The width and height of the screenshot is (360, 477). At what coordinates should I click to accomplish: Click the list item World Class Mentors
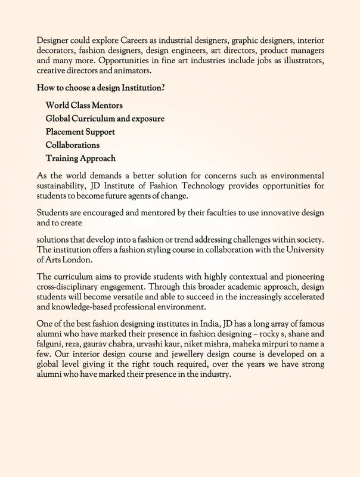[84, 106]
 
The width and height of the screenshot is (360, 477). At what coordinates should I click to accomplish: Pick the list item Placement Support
[80, 132]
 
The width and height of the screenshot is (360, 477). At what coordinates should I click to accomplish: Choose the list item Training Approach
[80, 158]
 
